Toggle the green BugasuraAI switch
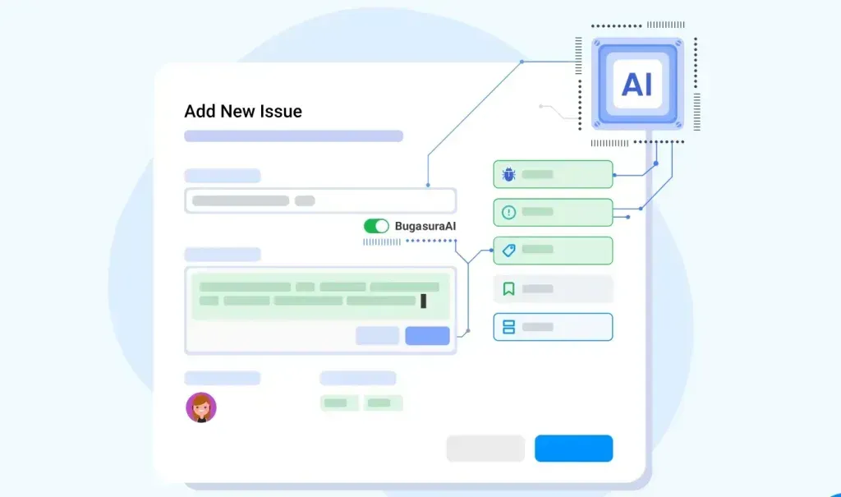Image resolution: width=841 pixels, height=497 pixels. coord(376,226)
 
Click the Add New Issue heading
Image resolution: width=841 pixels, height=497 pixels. coord(243,111)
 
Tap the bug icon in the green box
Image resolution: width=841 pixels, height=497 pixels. coord(508,174)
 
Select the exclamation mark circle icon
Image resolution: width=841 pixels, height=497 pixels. coord(508,212)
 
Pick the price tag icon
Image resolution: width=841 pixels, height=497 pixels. coord(508,250)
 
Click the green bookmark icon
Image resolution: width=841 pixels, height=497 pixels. coord(508,289)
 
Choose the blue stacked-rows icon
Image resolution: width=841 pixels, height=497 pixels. coord(508,327)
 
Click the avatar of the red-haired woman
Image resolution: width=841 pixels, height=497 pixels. coord(201,407)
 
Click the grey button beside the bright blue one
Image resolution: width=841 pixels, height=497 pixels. coord(485,449)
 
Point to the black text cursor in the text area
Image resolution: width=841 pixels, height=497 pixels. coord(423,301)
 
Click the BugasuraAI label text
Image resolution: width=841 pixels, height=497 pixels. coord(425,226)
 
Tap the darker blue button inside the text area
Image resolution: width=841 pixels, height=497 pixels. coord(427,335)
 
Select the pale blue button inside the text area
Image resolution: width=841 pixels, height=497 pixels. coord(377,335)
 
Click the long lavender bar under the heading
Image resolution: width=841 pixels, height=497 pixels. coord(293,136)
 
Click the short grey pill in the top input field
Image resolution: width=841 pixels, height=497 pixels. coord(305,200)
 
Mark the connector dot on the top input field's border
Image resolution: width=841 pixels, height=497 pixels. coord(428,185)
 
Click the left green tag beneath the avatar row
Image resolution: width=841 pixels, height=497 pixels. coord(339,403)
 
